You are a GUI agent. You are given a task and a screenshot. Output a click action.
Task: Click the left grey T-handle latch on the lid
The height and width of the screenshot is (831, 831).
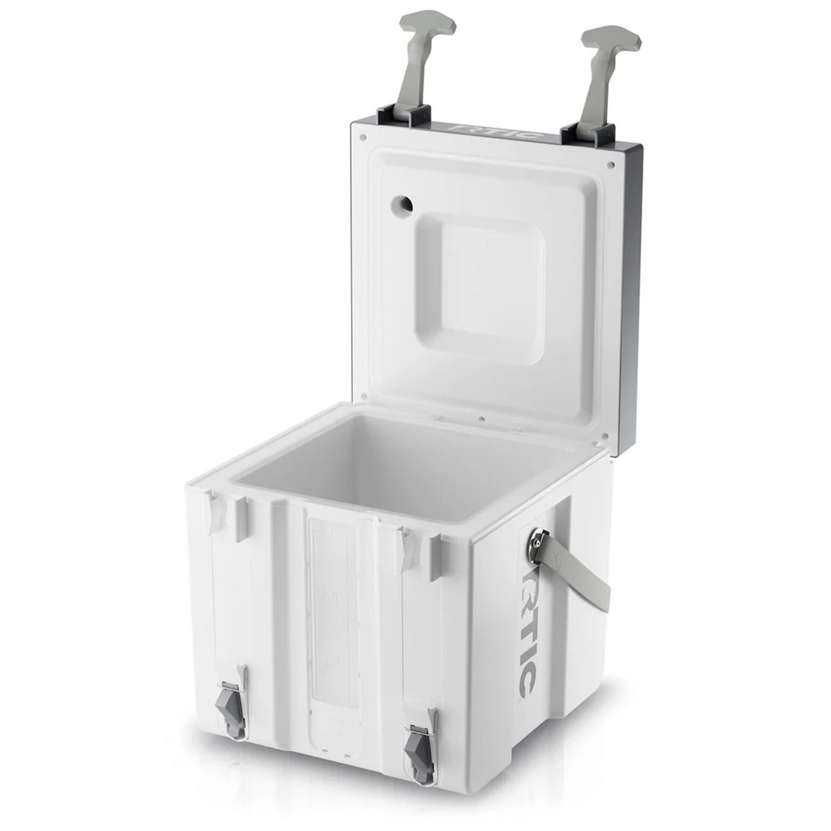419,57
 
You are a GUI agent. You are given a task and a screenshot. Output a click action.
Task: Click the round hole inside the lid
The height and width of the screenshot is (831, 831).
401,205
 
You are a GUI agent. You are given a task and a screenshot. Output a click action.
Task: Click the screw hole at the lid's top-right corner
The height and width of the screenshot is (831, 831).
610,164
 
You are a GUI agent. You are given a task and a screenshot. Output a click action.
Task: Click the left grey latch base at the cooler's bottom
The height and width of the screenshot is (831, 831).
233,710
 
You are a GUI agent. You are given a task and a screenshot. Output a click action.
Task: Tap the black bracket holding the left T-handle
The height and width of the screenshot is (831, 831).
403,116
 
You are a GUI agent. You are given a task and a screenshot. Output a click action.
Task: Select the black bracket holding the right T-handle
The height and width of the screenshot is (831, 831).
588,135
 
